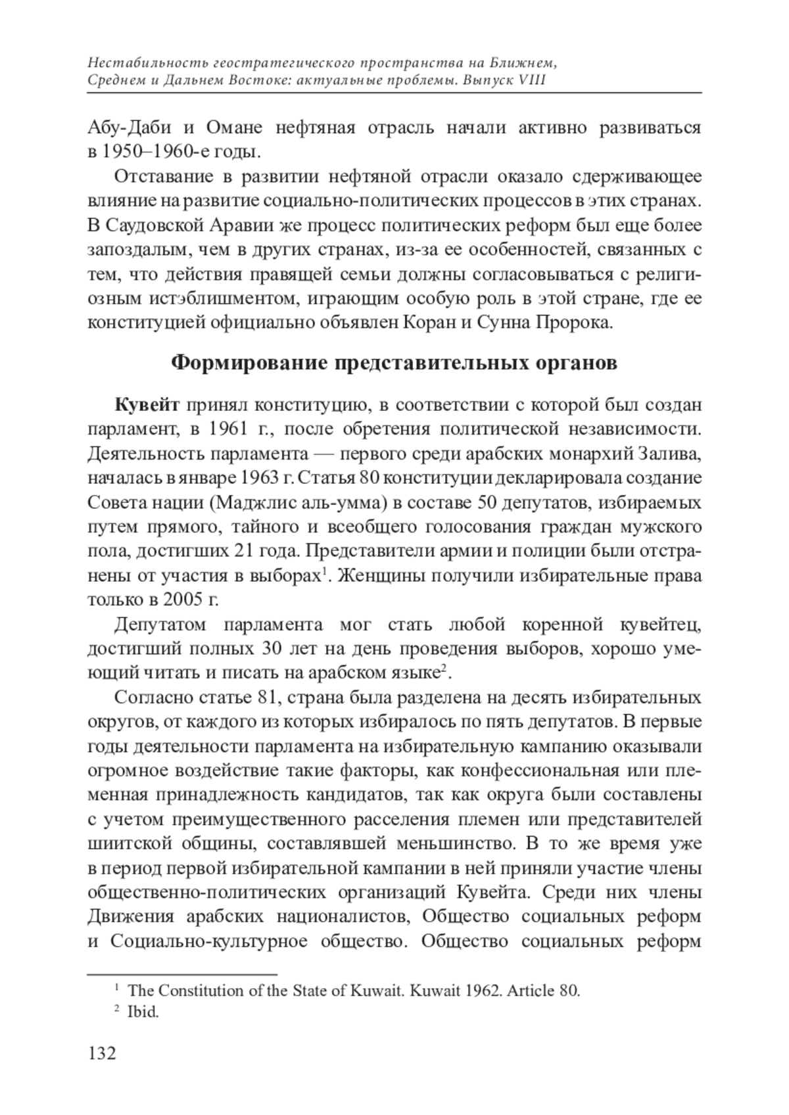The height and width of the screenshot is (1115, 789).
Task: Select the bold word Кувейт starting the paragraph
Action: (x=147, y=404)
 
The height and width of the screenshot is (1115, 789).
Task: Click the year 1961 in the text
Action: (x=230, y=429)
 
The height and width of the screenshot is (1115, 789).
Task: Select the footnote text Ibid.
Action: (x=143, y=1012)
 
